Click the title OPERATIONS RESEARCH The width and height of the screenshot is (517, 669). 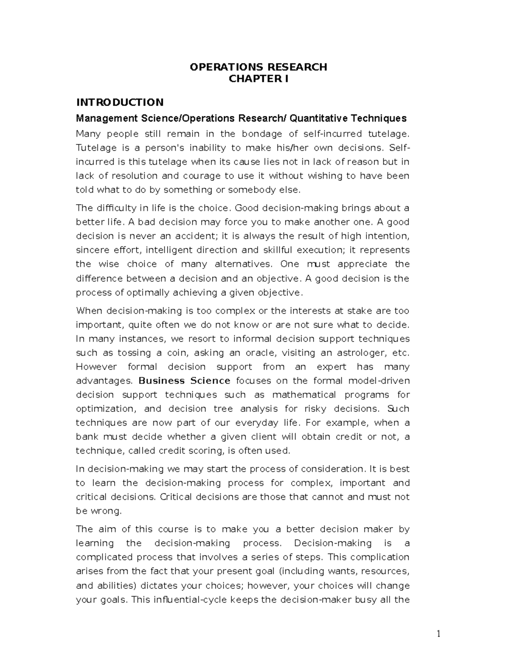[x=258, y=67]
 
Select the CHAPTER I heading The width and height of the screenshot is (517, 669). [x=258, y=78]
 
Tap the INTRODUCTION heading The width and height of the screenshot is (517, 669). [x=120, y=102]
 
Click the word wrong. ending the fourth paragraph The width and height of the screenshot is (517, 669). [x=106, y=511]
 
